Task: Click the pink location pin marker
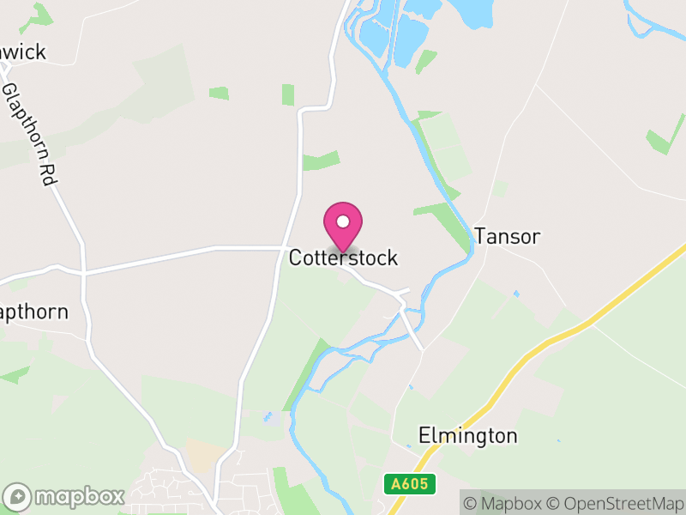[343, 225]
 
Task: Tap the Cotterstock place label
[343, 257]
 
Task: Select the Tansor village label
[507, 236]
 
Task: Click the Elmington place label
[467, 436]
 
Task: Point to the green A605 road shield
[409, 484]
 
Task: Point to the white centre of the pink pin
[343, 221]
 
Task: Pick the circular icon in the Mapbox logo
[17, 497]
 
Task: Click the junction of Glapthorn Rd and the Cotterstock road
[84, 271]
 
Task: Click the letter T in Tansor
[480, 236]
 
